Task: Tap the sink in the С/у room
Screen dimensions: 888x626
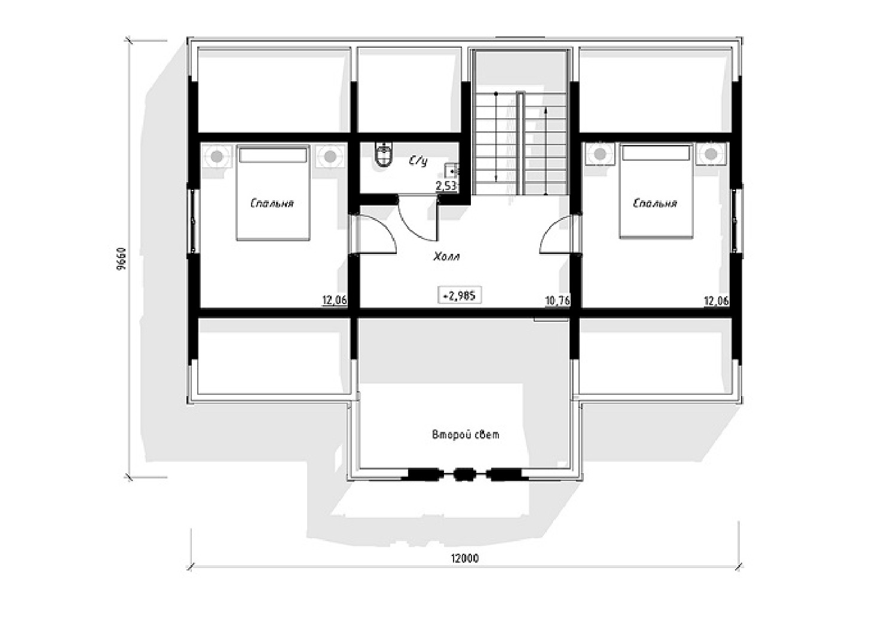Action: [x=452, y=171]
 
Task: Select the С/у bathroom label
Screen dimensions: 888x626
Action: [x=418, y=161]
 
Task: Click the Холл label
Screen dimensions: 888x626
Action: [x=446, y=257]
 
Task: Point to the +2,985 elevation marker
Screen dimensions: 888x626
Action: [x=460, y=295]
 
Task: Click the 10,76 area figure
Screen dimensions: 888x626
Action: [x=558, y=301]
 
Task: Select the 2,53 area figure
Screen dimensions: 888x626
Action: [x=447, y=185]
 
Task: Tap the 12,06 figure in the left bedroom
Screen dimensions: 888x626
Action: [x=335, y=300]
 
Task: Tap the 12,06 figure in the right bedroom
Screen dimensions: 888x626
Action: [x=716, y=301]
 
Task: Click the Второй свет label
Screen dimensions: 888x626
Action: [x=466, y=435]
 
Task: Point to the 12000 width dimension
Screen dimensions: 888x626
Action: [x=464, y=559]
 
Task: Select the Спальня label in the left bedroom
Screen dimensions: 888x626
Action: [x=272, y=204]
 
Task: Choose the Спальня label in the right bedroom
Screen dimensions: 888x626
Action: [x=656, y=204]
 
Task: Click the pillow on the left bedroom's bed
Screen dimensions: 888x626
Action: [x=272, y=155]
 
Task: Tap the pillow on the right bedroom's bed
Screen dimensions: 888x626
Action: [x=656, y=154]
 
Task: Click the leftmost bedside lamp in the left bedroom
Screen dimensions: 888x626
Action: [x=216, y=156]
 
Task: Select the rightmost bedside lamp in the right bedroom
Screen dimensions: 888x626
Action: [x=712, y=154]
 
